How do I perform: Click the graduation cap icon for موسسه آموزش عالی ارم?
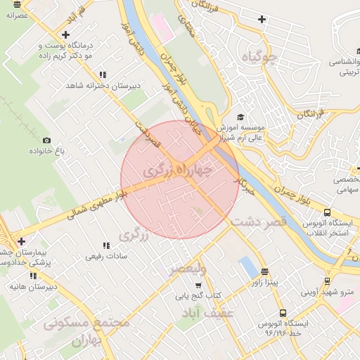pyautogui.click(x=240, y=117)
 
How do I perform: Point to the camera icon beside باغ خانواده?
pyautogui.click(x=47, y=141)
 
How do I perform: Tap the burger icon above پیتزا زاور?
pyautogui.click(x=264, y=271)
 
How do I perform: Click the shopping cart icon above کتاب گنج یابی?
pyautogui.click(x=198, y=285)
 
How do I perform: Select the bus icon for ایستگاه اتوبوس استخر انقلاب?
pyautogui.click(x=327, y=212)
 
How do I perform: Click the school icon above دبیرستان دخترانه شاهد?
pyautogui.click(x=103, y=74)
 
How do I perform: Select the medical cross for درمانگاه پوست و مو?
pyautogui.click(x=65, y=34)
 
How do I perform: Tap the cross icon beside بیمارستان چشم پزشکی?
pyautogui.click(x=21, y=241)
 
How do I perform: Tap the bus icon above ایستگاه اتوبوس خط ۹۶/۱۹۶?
pyautogui.click(x=283, y=313)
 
